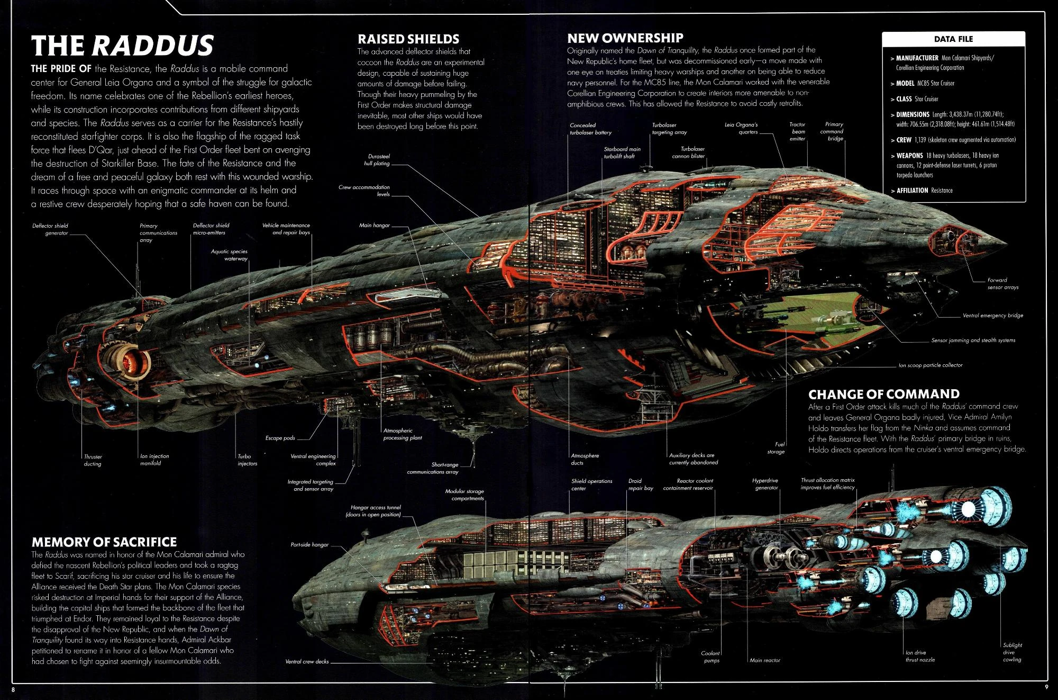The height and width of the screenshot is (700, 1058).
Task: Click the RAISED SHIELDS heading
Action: click(408, 39)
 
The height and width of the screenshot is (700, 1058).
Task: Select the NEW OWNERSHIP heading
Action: click(625, 38)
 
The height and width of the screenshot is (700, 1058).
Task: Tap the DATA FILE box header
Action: click(953, 39)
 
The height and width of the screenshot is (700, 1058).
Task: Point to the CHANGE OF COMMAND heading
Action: click(883, 394)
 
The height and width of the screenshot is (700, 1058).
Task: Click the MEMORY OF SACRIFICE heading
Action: click(104, 542)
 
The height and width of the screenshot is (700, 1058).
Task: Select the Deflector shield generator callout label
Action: click(50, 229)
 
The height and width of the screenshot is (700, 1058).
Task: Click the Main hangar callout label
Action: click(374, 226)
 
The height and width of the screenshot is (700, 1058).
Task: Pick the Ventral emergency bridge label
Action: click(992, 316)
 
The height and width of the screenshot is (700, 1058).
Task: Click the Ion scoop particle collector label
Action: click(930, 365)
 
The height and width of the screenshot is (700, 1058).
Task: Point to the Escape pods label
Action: click(280, 438)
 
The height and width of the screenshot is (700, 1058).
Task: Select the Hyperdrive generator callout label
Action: click(765, 484)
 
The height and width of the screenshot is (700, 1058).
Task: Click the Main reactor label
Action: click(764, 660)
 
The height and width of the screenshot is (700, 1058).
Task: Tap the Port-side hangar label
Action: click(309, 545)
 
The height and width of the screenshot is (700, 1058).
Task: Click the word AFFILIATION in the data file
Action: click(912, 191)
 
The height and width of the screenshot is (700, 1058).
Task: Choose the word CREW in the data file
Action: click(904, 140)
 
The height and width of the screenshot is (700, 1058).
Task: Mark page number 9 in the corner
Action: click(1046, 688)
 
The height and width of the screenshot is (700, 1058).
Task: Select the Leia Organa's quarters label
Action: click(741, 129)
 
